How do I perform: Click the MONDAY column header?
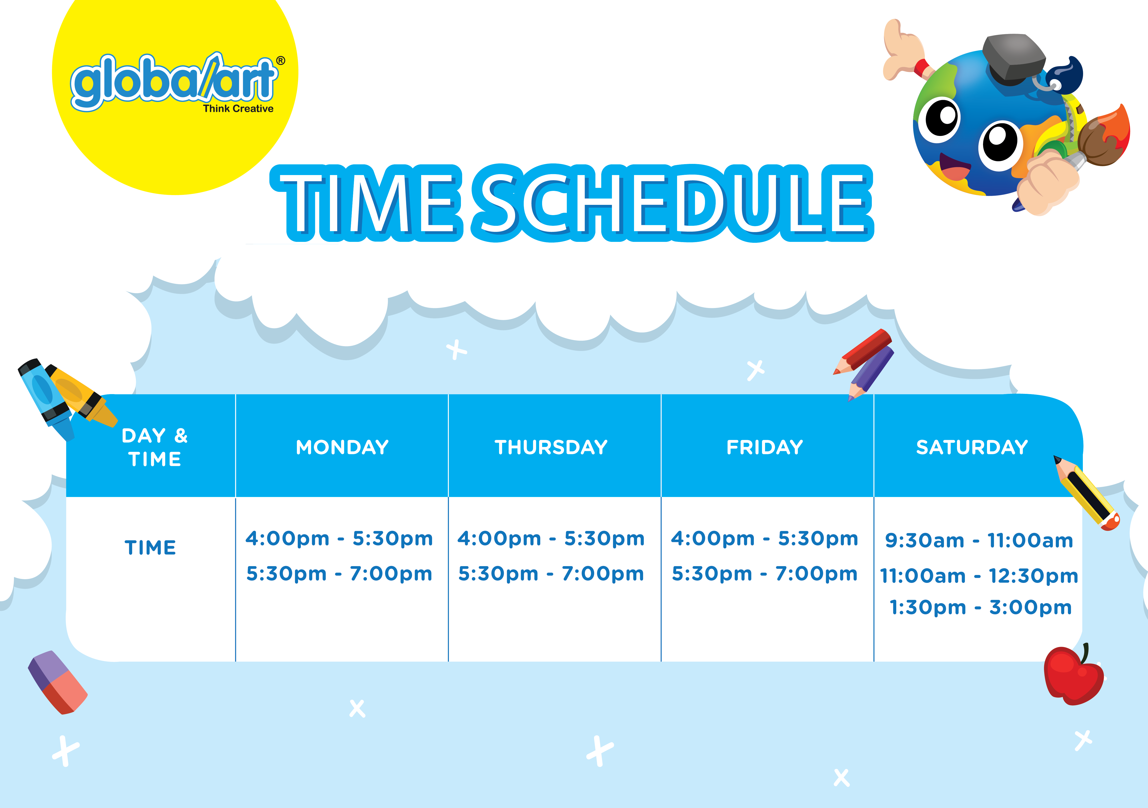click(x=342, y=447)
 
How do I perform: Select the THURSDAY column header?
click(x=551, y=447)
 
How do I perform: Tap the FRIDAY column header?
click(x=765, y=447)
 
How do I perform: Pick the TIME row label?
click(x=150, y=547)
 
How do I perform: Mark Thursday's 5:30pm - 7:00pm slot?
click(x=551, y=573)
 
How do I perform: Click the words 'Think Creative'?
click(x=238, y=108)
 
